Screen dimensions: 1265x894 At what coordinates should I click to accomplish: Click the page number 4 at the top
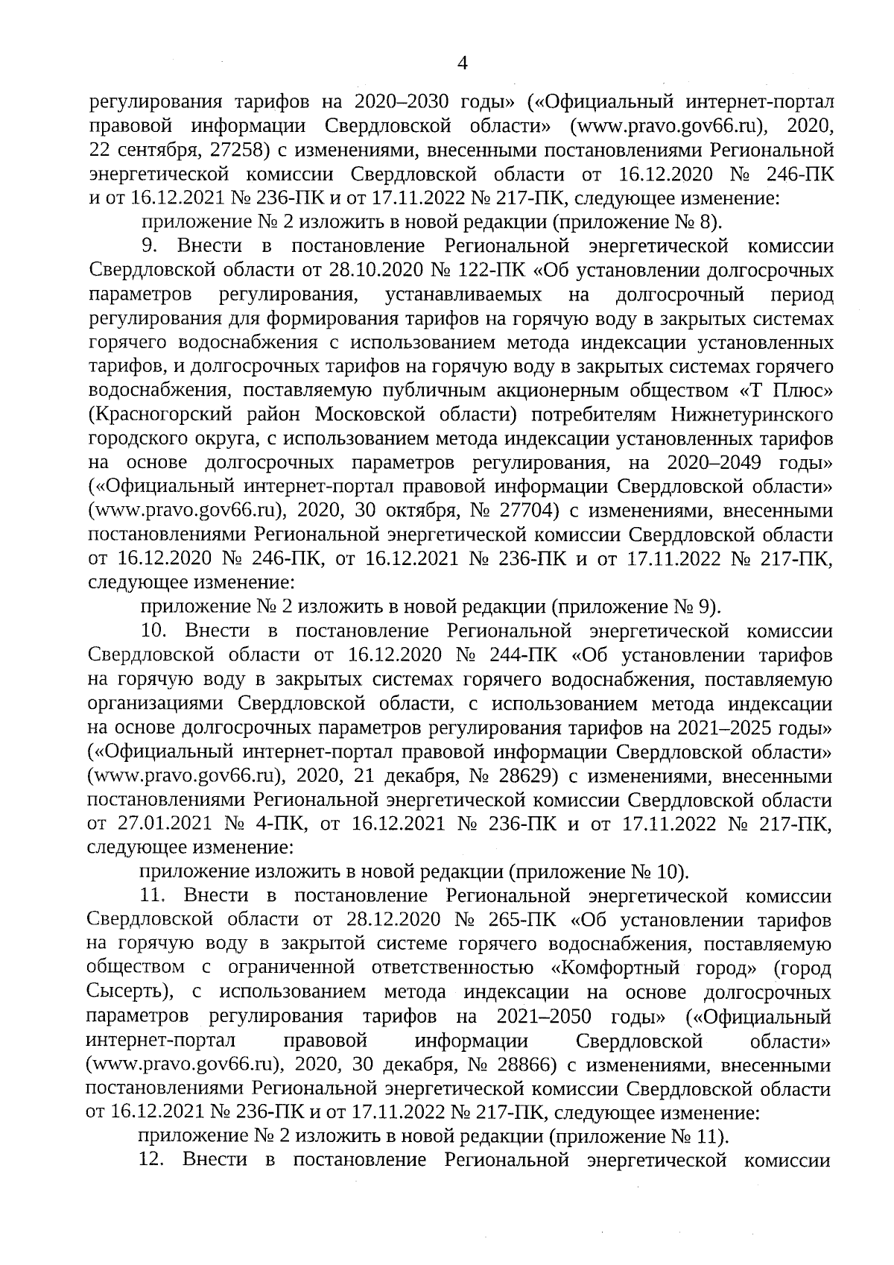462,63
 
